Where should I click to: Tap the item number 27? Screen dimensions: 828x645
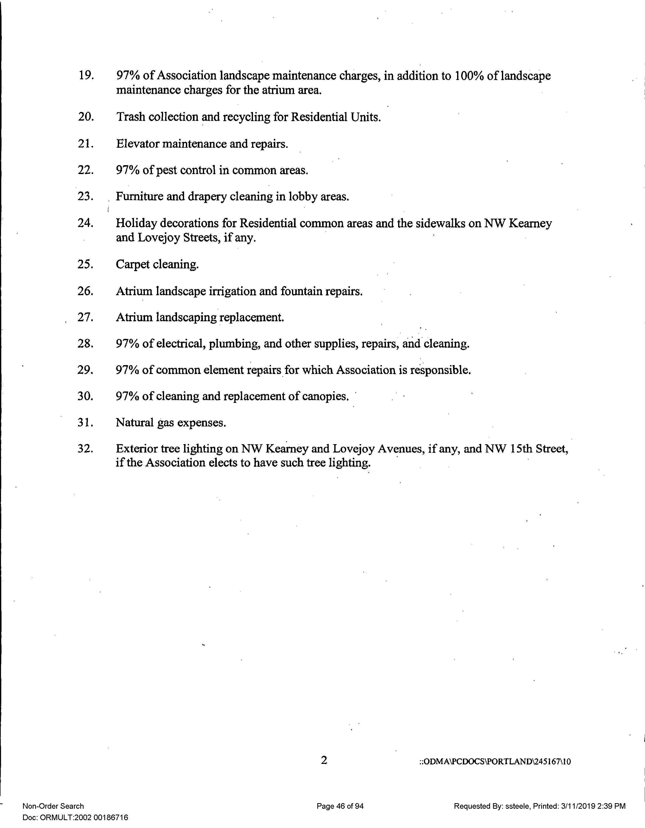point(85,317)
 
